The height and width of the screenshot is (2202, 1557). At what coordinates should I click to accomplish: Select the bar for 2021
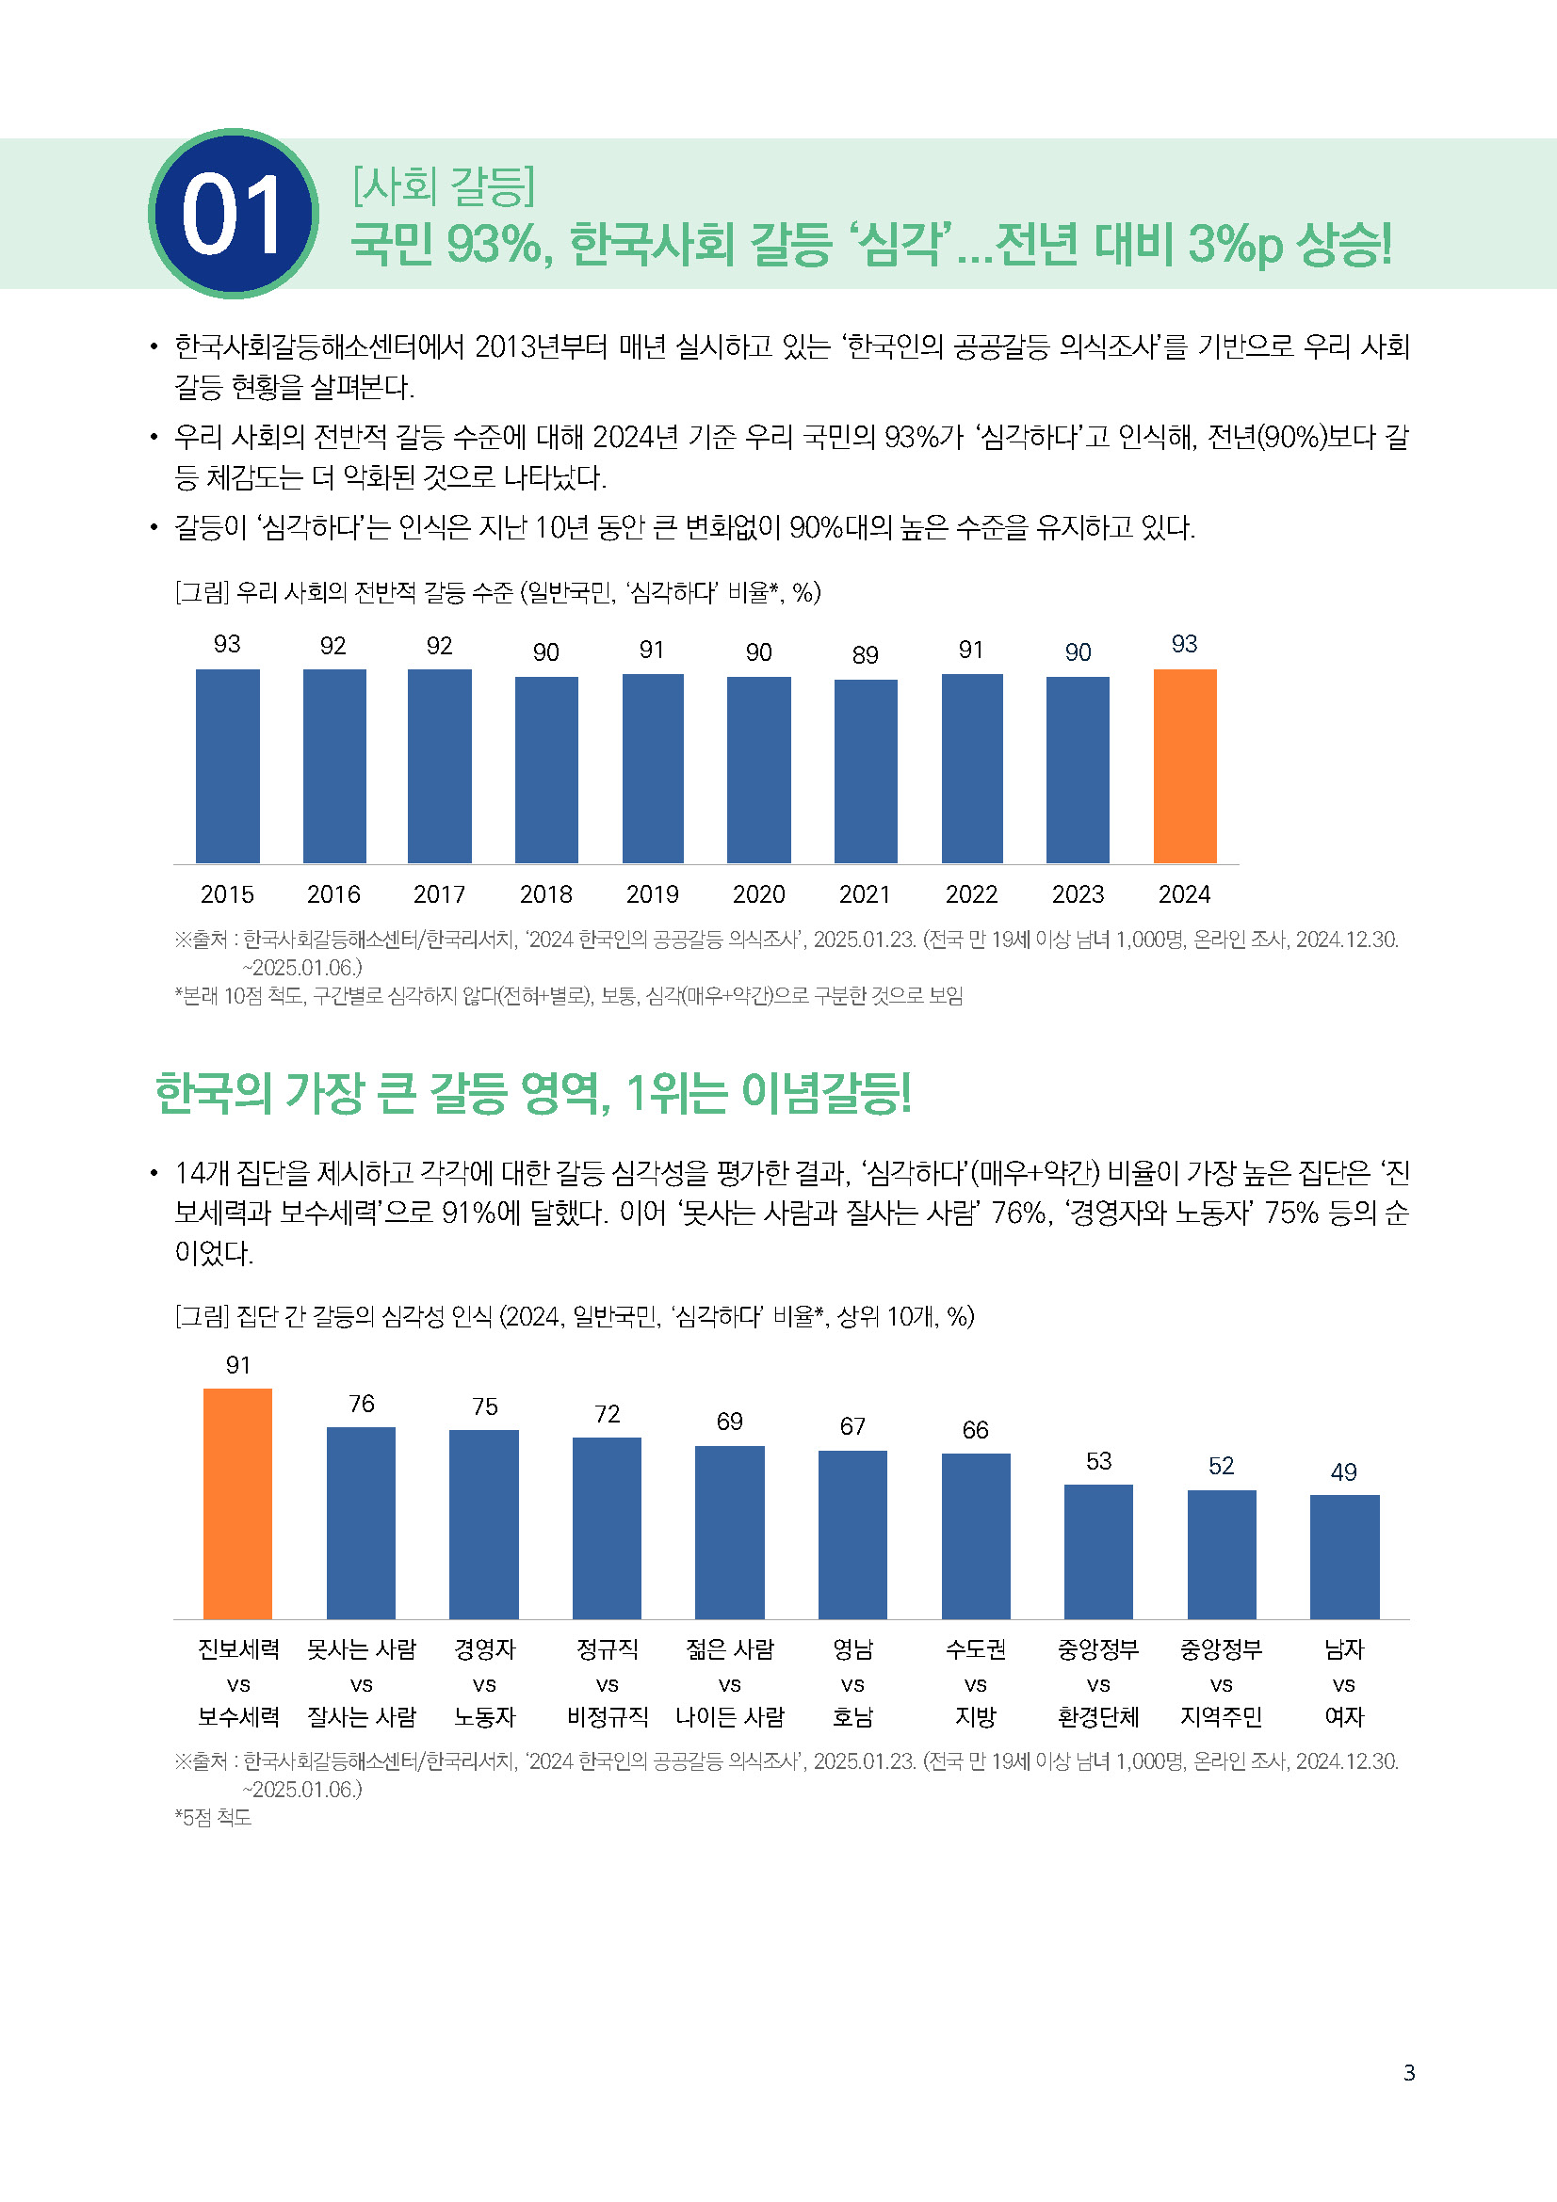point(866,771)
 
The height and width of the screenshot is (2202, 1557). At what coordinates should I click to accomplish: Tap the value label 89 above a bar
point(866,655)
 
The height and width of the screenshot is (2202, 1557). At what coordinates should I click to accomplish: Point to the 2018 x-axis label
point(546,893)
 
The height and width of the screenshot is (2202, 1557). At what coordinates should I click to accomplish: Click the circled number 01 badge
point(233,213)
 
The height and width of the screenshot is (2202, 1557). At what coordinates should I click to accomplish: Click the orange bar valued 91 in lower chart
point(237,1503)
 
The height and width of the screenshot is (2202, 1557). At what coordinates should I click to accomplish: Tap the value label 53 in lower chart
point(1098,1461)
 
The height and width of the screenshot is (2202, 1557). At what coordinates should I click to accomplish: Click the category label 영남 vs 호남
point(851,1682)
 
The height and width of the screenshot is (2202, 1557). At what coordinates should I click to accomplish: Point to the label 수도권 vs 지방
point(976,1682)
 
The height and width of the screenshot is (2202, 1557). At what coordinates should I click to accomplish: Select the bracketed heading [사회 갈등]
point(444,185)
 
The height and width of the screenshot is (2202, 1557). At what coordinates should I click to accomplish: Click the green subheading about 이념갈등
point(533,1093)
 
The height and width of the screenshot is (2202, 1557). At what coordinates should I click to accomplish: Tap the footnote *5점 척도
point(213,1816)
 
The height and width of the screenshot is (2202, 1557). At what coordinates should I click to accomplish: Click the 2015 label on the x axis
point(227,893)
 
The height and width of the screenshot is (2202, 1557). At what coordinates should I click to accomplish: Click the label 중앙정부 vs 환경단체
point(1098,1682)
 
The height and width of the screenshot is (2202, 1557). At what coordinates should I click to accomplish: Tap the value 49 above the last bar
point(1344,1471)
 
